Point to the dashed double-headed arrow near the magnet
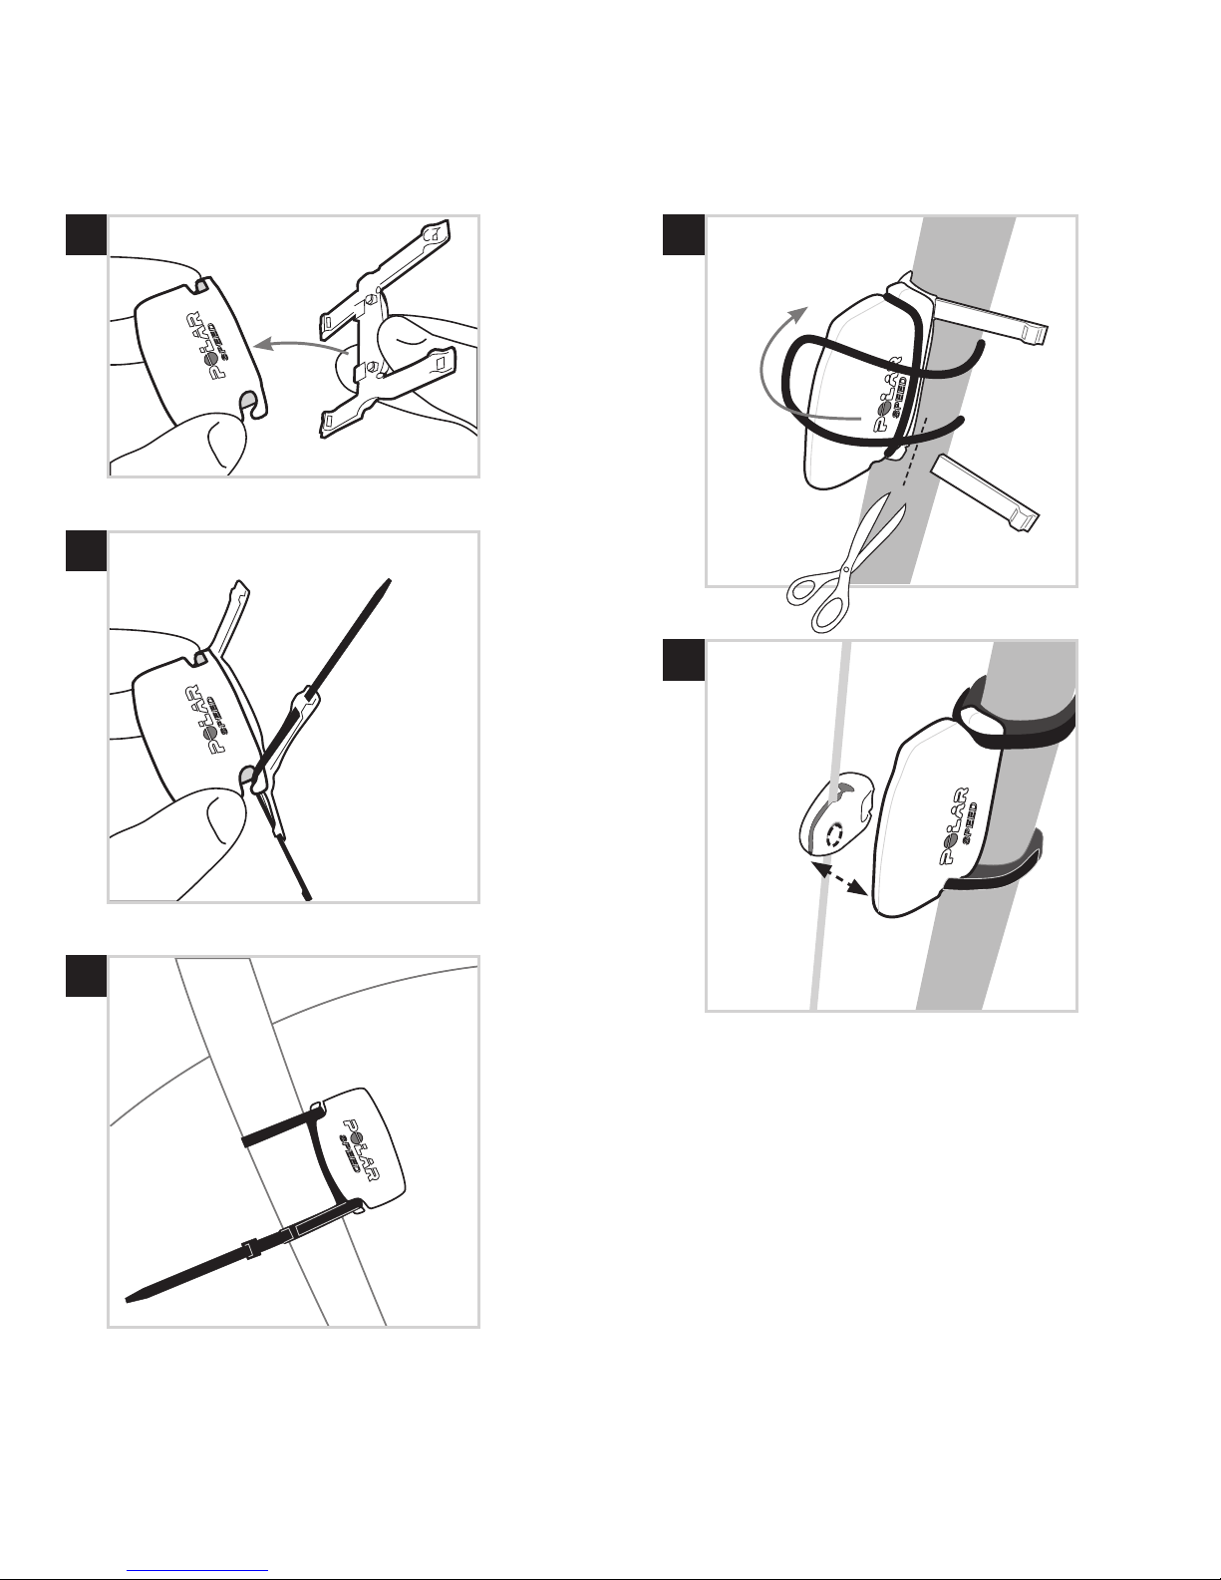tap(839, 878)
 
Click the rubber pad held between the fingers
tap(385, 330)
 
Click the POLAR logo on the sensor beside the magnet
tap(959, 825)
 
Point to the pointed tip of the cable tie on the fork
tap(127, 1299)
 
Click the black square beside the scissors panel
tap(683, 235)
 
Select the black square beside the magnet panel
tap(683, 660)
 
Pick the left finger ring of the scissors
tap(804, 588)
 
